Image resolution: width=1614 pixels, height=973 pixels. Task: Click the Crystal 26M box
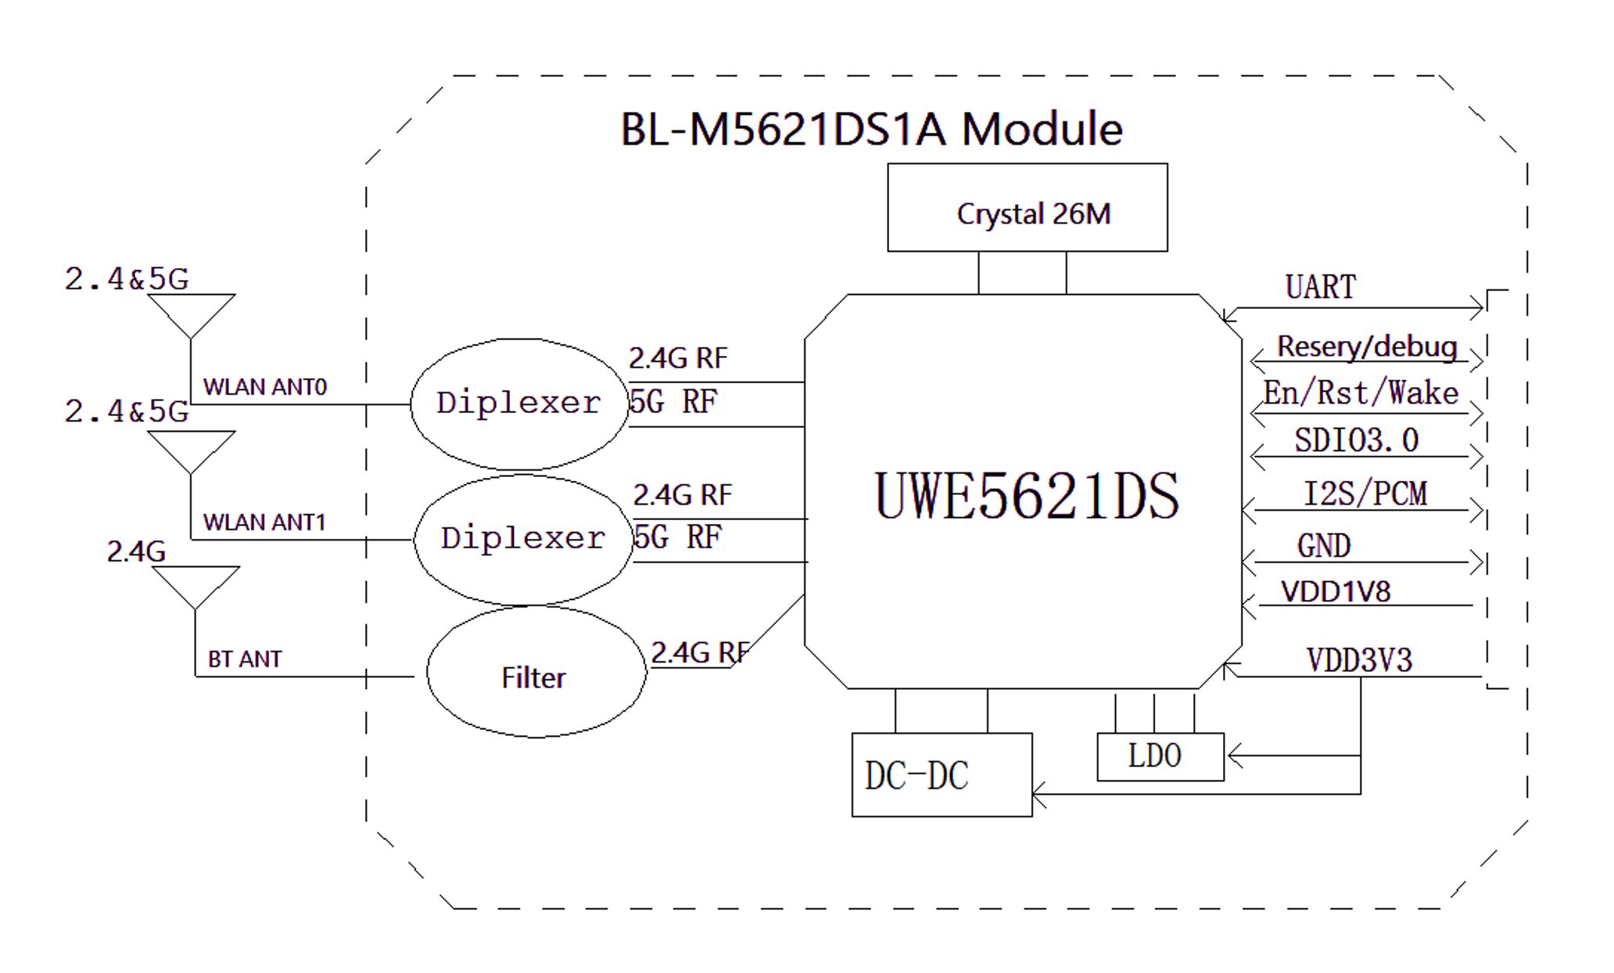1027,208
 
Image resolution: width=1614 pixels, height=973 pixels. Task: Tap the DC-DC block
941,775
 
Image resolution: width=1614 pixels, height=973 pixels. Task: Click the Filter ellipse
536,674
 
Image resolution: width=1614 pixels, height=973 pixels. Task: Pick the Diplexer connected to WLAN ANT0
519,404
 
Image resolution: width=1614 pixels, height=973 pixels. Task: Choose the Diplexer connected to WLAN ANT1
523,539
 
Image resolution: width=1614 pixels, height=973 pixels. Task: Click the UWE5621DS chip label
1026,496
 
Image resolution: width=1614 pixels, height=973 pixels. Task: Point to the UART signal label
1320,287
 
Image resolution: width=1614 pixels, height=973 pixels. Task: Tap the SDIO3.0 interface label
1356,440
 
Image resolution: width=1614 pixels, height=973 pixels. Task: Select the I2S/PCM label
1365,494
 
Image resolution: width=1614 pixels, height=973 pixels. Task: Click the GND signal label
1323,546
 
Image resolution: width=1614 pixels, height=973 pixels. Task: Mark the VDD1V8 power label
1336,592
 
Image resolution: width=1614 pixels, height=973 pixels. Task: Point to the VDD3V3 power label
1359,660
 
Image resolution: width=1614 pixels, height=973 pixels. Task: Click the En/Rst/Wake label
1361,393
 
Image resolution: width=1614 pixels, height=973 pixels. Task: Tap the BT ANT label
244,659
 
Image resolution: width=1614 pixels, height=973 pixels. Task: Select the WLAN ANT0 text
264,387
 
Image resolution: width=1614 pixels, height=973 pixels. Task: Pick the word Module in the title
1042,129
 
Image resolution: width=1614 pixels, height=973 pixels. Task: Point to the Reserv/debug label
1366,346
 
